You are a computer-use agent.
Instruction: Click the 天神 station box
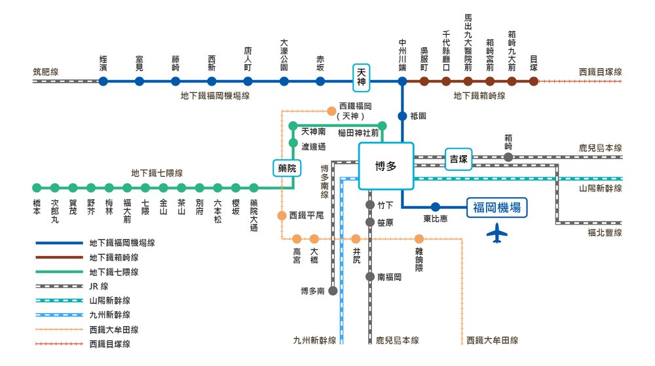[x=361, y=77]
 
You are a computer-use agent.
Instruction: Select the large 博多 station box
[x=386, y=166]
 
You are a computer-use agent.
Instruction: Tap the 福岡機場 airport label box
[x=497, y=208]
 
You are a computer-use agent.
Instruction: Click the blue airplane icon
[x=498, y=233]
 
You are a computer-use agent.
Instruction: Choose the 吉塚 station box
[x=460, y=158]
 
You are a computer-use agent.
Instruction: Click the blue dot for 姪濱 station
[x=103, y=81]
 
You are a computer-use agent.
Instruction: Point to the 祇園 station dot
[x=402, y=116]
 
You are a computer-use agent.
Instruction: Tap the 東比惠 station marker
[x=435, y=207]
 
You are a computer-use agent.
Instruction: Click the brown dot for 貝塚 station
[x=534, y=81]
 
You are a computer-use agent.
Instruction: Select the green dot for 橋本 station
[x=37, y=188]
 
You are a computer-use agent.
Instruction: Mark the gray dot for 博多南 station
[x=333, y=290]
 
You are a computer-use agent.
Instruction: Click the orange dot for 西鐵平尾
[x=282, y=215]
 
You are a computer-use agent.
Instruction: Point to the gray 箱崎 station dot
[x=508, y=157]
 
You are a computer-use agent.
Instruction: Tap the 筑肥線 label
[x=45, y=72]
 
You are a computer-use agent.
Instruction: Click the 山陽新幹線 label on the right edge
[x=600, y=189]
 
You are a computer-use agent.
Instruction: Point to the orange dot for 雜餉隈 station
[x=419, y=239]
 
